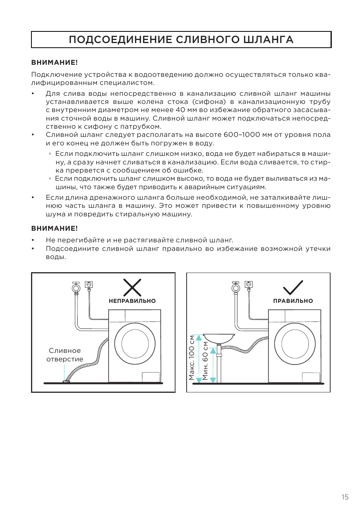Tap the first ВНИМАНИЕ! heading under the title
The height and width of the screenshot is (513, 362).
click(55, 62)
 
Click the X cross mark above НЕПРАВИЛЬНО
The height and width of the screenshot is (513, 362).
click(132, 287)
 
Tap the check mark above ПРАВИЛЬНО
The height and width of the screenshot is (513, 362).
click(293, 287)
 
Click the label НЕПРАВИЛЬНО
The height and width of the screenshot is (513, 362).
click(132, 301)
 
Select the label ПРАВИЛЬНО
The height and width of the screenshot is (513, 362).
click(293, 301)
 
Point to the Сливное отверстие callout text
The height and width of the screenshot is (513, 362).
click(65, 355)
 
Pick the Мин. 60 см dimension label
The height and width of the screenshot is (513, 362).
click(205, 361)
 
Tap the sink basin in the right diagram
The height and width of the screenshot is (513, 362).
click(219, 339)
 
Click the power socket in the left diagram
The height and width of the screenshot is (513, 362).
click(89, 285)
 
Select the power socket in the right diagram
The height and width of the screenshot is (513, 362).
click(249, 285)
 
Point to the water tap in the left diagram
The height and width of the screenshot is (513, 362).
click(76, 287)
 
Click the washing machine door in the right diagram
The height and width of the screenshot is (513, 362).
click(295, 344)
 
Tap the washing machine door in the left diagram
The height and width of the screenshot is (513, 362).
click(135, 344)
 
